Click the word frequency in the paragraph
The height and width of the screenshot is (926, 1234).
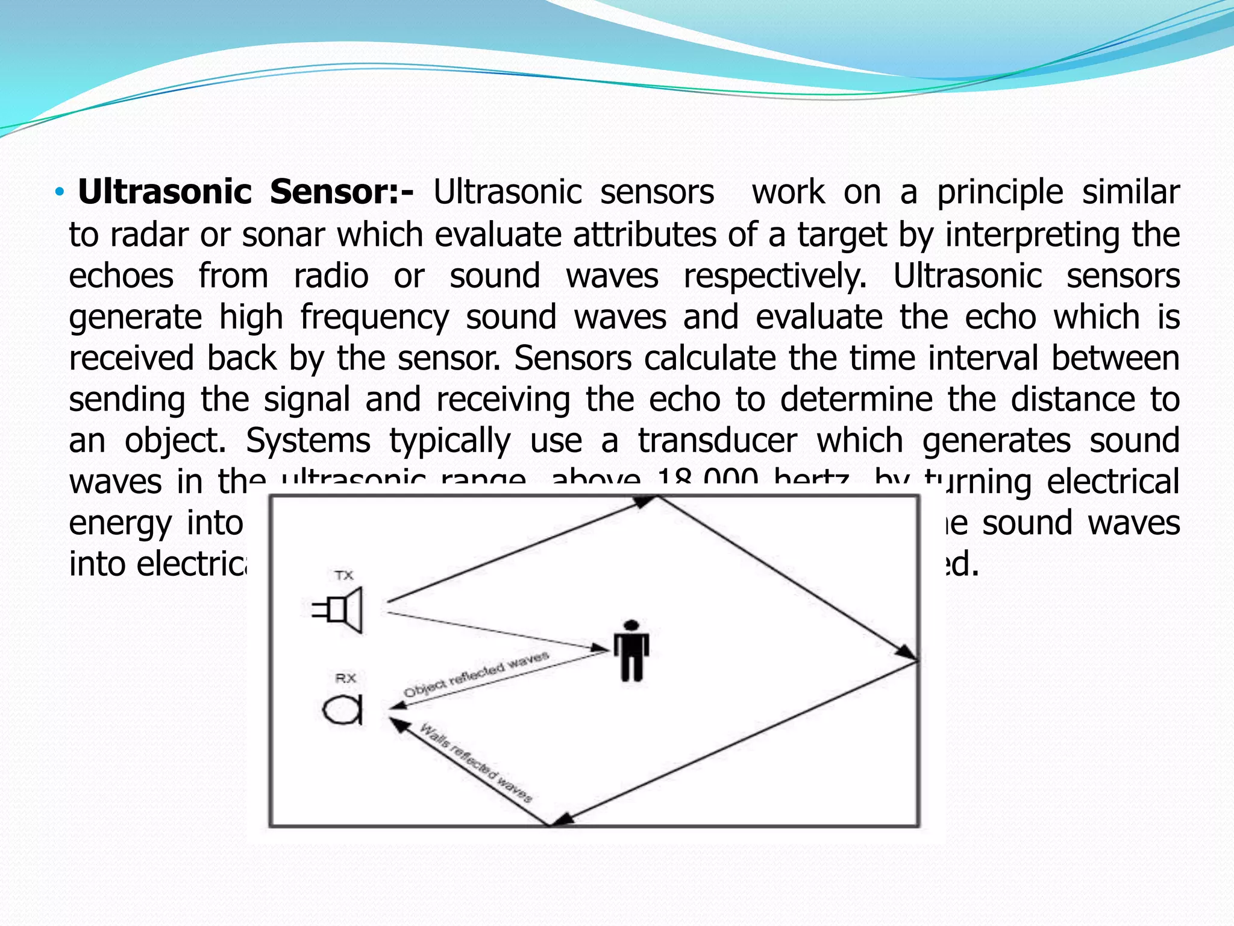(375, 318)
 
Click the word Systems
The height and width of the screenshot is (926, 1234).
(308, 441)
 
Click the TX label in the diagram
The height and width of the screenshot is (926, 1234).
(344, 576)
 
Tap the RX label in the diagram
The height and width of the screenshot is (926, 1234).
(345, 678)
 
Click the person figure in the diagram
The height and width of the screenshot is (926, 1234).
(631, 651)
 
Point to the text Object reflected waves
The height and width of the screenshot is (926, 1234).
(476, 673)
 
